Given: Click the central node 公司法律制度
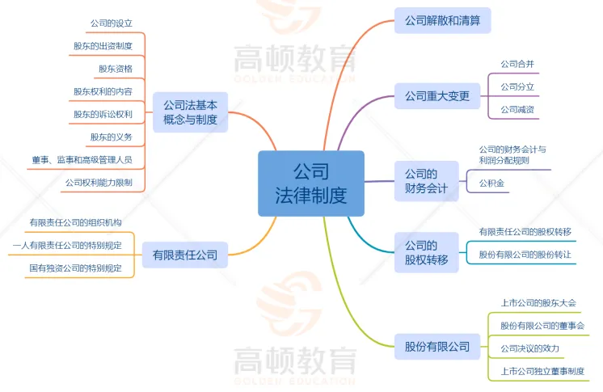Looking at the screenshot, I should point(311,183).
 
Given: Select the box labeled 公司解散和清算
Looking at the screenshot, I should point(442,20).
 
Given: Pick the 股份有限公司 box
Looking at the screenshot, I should point(437,348).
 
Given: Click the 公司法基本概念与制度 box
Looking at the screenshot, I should point(191,112).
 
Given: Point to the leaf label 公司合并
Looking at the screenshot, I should point(517,64).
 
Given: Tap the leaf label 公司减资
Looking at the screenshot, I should point(517,109).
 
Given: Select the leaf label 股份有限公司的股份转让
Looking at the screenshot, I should point(525,254).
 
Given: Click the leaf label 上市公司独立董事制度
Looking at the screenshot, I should point(542,371).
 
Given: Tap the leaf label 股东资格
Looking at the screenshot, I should point(116,69).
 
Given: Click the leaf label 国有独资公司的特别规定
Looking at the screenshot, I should point(76,268).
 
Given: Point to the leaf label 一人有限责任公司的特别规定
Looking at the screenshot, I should point(68,245).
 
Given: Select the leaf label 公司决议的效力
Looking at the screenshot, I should point(529,348).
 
